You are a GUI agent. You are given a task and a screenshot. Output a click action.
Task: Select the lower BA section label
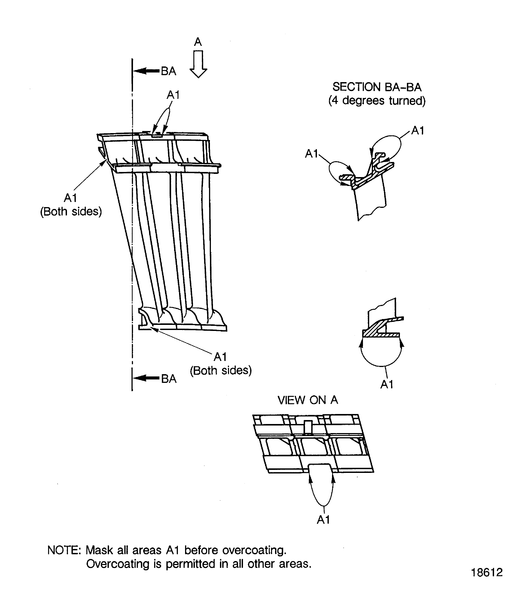click(x=169, y=379)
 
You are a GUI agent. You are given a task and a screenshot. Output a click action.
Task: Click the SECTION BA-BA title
click(x=377, y=87)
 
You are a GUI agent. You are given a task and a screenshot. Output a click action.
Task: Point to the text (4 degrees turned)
click(x=377, y=101)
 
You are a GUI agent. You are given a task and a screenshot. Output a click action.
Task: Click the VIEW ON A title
click(x=308, y=400)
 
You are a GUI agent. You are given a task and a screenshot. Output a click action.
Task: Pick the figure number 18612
click(x=487, y=572)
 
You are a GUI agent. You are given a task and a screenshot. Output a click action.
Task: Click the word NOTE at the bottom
click(x=64, y=550)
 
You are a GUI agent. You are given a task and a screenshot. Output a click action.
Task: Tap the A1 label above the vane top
click(x=173, y=95)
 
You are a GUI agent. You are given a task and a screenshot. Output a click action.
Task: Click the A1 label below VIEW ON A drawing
click(x=323, y=520)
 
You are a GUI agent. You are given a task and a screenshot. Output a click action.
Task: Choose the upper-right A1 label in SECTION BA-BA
click(x=418, y=130)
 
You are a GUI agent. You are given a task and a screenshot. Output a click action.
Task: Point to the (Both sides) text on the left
click(x=71, y=211)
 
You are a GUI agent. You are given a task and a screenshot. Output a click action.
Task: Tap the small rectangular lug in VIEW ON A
click(x=308, y=427)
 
